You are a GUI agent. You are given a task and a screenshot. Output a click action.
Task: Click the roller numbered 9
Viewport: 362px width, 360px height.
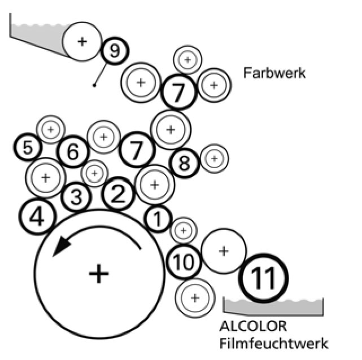click(x=115, y=52)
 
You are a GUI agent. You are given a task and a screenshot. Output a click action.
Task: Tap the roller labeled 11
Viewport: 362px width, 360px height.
click(x=264, y=276)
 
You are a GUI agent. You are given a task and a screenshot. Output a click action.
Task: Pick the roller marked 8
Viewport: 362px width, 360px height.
click(x=184, y=163)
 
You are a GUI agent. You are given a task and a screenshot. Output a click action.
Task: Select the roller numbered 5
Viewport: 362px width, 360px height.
click(x=28, y=148)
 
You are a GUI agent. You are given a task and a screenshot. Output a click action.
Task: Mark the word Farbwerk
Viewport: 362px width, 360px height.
click(x=274, y=73)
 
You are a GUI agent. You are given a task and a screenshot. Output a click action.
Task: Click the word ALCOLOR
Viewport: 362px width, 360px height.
click(x=246, y=326)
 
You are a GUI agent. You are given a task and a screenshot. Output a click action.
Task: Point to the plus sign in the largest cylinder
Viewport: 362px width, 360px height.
click(x=99, y=274)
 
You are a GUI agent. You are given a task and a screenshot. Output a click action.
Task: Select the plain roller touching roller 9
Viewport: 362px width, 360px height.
click(x=82, y=41)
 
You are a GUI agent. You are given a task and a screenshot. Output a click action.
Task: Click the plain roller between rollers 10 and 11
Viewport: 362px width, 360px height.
click(x=224, y=251)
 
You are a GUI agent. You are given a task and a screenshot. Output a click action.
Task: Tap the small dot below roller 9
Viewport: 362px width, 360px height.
click(x=94, y=85)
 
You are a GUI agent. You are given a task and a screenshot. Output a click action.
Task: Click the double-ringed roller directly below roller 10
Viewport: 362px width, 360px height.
click(x=195, y=297)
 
